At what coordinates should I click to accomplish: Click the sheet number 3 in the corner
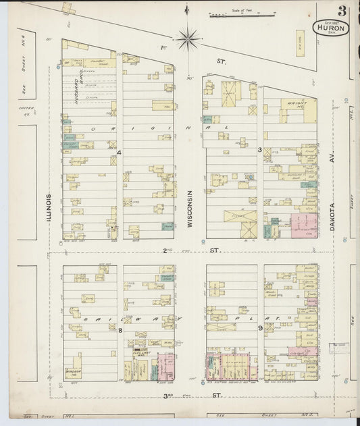pos(342,11)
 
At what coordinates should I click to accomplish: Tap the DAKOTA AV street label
pos(332,209)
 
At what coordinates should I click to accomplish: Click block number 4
pos(119,154)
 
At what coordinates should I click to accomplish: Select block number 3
pos(259,149)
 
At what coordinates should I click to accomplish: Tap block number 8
pos(120,331)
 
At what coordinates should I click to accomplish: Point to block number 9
pos(259,329)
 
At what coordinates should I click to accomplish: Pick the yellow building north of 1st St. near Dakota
pos(299,43)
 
